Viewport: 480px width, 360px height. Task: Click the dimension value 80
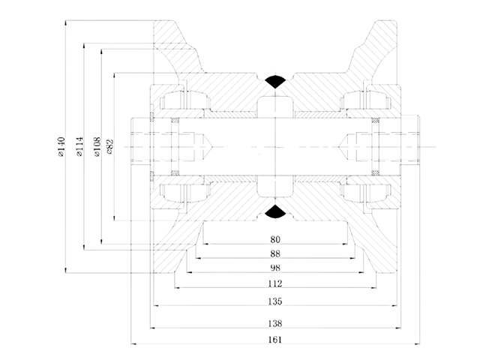275,239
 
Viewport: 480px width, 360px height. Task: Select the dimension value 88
275,253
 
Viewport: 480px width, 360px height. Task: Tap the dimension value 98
275,268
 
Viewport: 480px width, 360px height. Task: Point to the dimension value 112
275,283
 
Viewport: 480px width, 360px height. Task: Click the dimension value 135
275,301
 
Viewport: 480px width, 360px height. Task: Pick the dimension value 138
275,323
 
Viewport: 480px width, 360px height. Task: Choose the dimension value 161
275,340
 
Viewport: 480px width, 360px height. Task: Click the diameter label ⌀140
61,147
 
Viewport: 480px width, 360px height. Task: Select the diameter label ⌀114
79,147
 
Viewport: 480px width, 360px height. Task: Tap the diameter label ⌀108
97,147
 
